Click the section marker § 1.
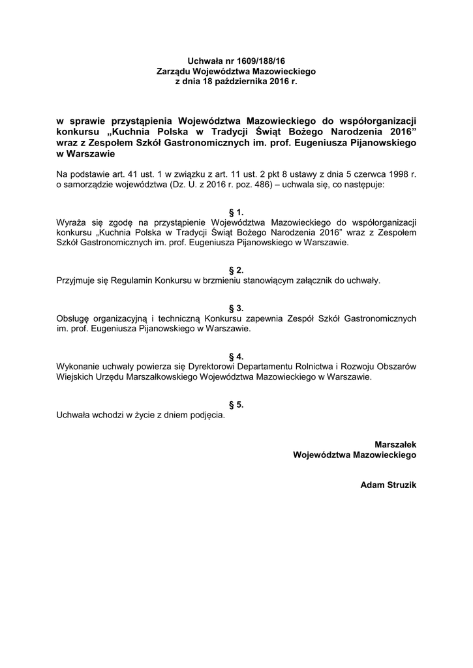(x=236, y=212)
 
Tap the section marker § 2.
(x=236, y=270)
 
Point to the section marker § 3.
(x=236, y=308)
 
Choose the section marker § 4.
(x=236, y=356)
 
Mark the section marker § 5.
(x=236, y=404)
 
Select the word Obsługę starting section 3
(x=76, y=318)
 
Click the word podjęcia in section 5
(x=206, y=415)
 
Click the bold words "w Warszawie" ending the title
(x=86, y=155)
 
